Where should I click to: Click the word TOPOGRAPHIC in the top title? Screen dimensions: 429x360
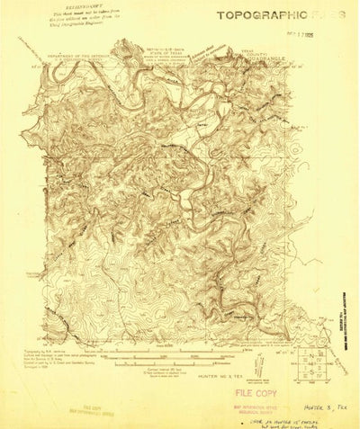coord(255,14)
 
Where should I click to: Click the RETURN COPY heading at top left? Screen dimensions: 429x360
coord(76,4)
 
